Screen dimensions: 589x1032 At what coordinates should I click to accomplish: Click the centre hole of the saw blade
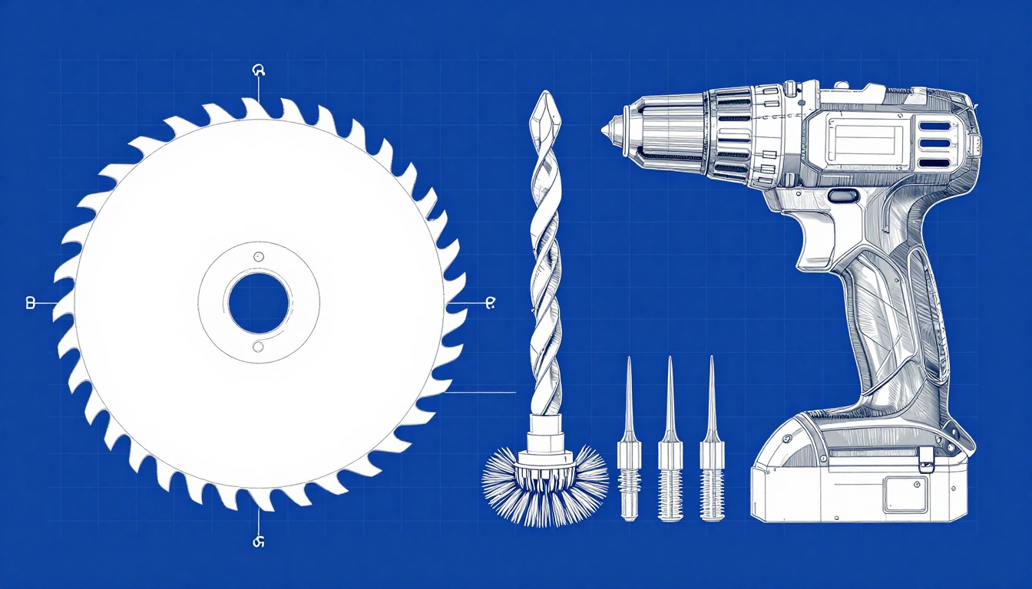259,302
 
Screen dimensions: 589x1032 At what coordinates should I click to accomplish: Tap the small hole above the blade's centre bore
259,256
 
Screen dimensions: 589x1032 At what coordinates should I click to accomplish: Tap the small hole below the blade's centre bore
258,347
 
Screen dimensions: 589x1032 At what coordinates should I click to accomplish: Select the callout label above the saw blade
258,71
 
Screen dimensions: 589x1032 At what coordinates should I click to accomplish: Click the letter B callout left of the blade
31,303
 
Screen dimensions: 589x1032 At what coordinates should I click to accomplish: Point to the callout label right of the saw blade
489,304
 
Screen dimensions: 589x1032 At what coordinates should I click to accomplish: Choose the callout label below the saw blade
258,541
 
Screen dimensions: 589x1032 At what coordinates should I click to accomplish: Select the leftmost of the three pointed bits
628,437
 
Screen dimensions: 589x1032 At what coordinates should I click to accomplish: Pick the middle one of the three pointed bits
670,437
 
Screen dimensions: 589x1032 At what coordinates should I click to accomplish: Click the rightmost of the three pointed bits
711,437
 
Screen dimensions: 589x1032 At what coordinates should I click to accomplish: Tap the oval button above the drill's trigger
842,196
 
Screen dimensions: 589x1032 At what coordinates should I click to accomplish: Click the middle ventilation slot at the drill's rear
934,143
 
